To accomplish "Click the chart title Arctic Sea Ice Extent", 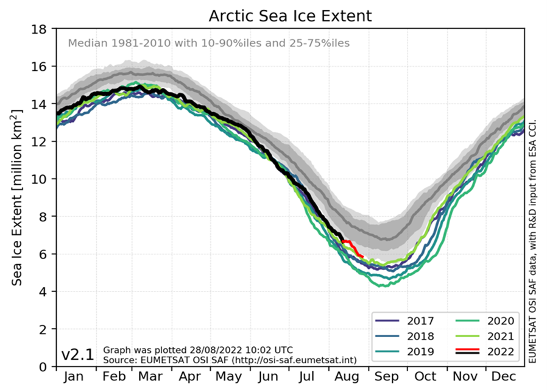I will [x=290, y=15].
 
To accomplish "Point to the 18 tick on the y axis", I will [x=39, y=29].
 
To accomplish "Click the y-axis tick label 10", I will [x=39, y=179].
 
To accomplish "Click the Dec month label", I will [x=503, y=377].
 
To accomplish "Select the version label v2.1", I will [x=77, y=355].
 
